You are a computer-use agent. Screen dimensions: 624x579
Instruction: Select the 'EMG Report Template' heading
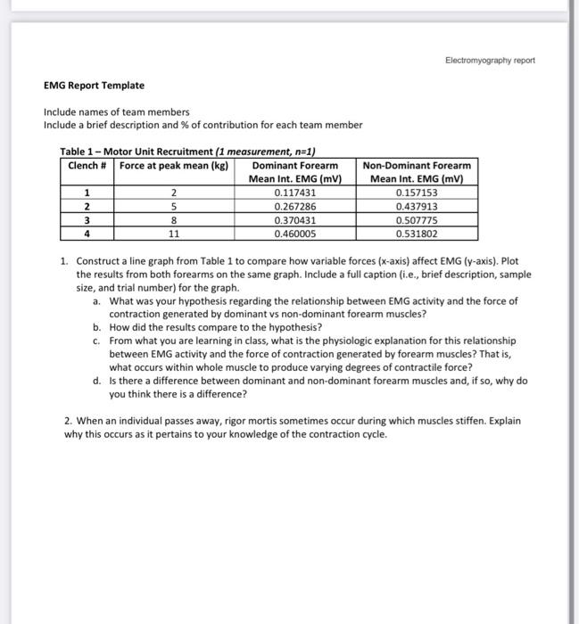click(x=94, y=86)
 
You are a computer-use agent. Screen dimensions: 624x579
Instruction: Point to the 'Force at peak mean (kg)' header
click(x=174, y=166)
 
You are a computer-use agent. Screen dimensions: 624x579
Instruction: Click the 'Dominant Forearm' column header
click(x=295, y=166)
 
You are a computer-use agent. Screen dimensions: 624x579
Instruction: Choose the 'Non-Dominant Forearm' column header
click(x=417, y=166)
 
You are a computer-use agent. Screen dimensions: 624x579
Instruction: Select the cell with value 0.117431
click(x=295, y=193)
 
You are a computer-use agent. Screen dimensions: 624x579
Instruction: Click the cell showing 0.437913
click(x=417, y=207)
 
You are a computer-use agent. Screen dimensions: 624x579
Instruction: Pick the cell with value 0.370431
click(x=295, y=220)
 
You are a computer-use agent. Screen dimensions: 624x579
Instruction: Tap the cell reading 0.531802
click(x=417, y=234)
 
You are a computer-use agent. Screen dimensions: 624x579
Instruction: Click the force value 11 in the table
click(x=175, y=234)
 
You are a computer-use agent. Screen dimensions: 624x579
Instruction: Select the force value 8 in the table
click(x=175, y=220)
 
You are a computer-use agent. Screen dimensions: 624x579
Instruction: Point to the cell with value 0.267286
click(x=295, y=207)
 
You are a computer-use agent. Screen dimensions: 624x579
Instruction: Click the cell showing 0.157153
click(x=417, y=193)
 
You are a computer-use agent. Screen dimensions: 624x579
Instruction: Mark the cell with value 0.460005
click(x=295, y=234)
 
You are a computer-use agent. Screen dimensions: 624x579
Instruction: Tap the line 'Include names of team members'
click(x=117, y=112)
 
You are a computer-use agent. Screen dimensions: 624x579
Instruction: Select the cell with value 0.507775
click(x=417, y=220)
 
